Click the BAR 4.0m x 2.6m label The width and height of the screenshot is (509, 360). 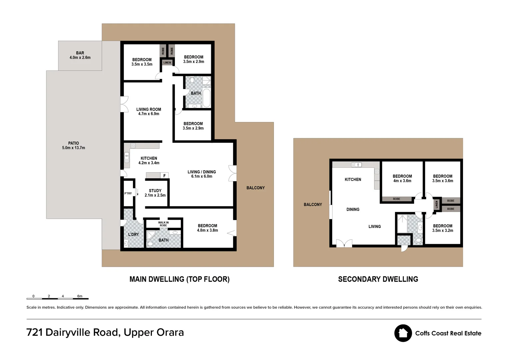[x=80, y=55]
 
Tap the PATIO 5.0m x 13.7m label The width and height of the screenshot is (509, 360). [x=74, y=146]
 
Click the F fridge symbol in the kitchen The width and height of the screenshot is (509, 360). [x=165, y=175]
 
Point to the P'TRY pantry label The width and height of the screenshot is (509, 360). [x=128, y=193]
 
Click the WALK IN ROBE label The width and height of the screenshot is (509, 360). [x=163, y=224]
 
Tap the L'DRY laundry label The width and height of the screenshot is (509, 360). [x=133, y=234]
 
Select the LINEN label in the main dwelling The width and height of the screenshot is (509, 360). [x=167, y=63]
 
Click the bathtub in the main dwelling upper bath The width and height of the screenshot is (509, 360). [x=207, y=98]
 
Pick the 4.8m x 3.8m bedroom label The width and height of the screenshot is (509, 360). [x=208, y=228]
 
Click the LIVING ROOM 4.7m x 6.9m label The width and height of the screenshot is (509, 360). [x=149, y=111]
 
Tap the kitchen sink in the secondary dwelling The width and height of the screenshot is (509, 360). [x=356, y=165]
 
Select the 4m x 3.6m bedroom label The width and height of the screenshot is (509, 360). [x=402, y=179]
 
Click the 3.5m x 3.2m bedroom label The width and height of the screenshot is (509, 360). [x=443, y=228]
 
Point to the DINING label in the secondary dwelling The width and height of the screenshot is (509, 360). [x=353, y=209]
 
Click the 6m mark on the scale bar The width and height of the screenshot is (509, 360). [x=80, y=296]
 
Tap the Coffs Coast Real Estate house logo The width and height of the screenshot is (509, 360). [x=403, y=333]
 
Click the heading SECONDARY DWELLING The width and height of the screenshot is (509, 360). [x=378, y=279]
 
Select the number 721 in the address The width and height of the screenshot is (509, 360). [x=35, y=332]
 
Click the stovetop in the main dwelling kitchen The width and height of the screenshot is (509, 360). [x=133, y=146]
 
